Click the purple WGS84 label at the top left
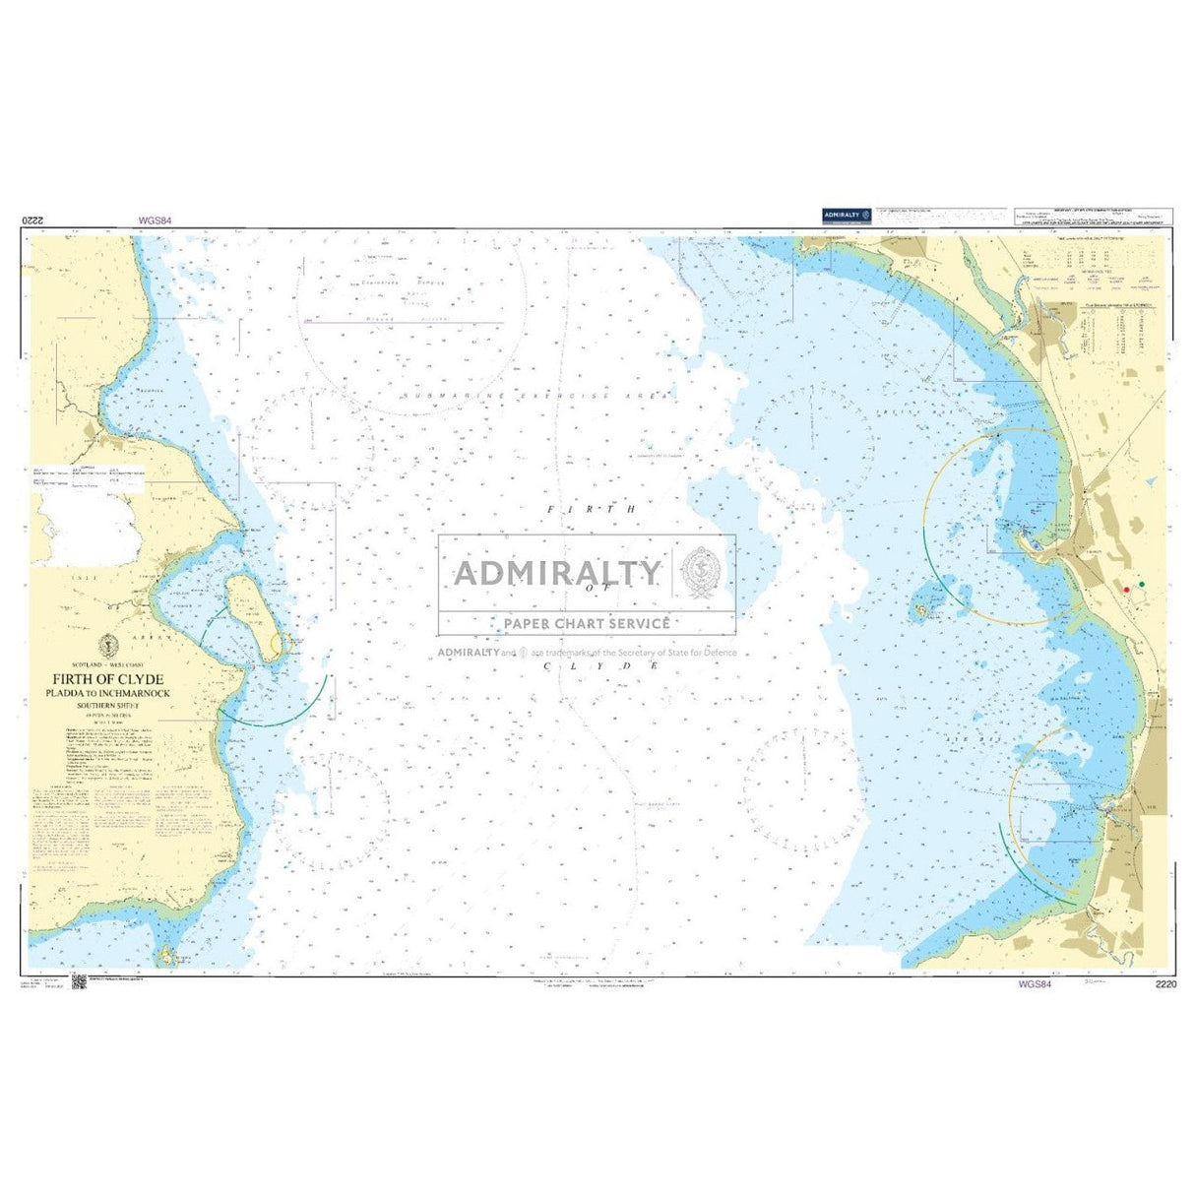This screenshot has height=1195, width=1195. click(x=155, y=221)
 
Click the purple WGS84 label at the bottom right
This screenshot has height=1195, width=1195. click(x=1035, y=983)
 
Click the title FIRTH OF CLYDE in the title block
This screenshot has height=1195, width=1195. click(x=109, y=679)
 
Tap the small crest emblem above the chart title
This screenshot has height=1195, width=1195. click(x=110, y=646)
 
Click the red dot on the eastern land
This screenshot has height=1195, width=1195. click(x=1126, y=589)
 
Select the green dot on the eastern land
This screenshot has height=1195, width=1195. click(x=1142, y=585)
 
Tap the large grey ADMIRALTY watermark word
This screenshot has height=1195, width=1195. click(x=557, y=572)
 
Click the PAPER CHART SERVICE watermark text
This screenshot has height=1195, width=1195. click(x=587, y=623)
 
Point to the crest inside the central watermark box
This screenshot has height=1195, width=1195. click(x=703, y=567)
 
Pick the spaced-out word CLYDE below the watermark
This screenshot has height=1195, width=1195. click(x=599, y=666)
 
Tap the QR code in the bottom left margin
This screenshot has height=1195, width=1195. click(x=79, y=982)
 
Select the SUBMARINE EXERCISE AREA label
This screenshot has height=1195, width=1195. click(x=536, y=395)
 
